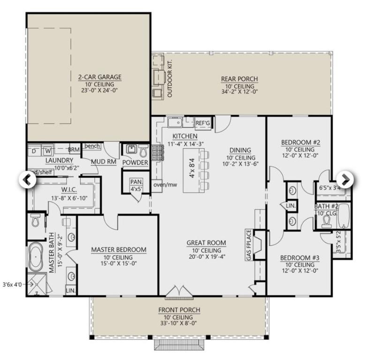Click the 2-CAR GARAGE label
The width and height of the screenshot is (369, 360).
(99, 77)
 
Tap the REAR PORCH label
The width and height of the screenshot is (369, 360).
(239, 79)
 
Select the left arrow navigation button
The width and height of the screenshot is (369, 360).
(27, 179)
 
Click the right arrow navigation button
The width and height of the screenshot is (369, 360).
(345, 179)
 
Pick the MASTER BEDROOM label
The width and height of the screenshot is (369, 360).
(118, 250)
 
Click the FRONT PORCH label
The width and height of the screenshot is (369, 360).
(179, 310)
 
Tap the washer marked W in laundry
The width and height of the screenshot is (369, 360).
(48, 151)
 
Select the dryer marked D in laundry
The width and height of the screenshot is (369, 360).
(34, 151)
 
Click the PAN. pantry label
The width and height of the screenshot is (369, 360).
(136, 181)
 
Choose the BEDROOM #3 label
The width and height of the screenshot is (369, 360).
(299, 257)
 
